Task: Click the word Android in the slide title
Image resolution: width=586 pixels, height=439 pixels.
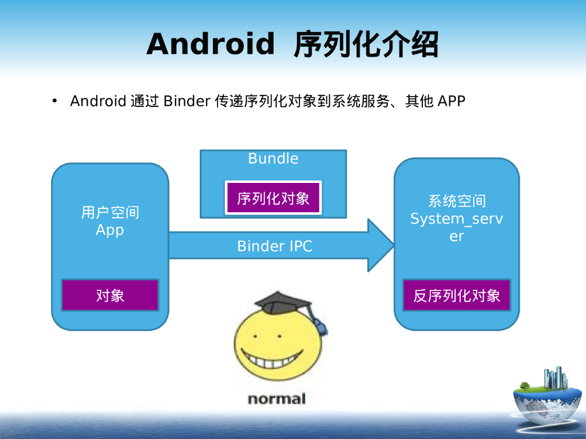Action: (x=211, y=45)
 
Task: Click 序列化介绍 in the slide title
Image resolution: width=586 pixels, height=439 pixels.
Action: (x=366, y=45)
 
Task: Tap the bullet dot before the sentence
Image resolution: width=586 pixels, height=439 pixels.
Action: (x=55, y=101)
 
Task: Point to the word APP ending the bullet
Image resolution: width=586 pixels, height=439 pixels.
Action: (x=452, y=101)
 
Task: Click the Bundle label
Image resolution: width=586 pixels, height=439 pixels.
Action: (x=273, y=158)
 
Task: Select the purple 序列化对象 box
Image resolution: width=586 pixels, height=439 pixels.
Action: (x=273, y=198)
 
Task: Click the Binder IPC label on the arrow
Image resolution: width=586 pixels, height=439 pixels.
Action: (x=275, y=246)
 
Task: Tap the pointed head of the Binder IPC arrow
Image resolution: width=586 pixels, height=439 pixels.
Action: (x=381, y=245)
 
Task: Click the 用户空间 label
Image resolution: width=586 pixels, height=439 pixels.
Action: (x=110, y=213)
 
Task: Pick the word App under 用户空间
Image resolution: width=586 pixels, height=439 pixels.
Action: (x=110, y=230)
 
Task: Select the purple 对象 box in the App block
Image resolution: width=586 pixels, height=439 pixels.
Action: (x=110, y=295)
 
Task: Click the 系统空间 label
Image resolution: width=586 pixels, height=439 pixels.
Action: (x=457, y=201)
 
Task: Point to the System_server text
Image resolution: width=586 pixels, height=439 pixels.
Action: (x=457, y=226)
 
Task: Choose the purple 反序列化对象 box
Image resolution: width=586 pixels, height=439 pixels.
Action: (x=457, y=295)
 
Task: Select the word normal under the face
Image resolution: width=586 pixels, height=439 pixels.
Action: (x=276, y=398)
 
